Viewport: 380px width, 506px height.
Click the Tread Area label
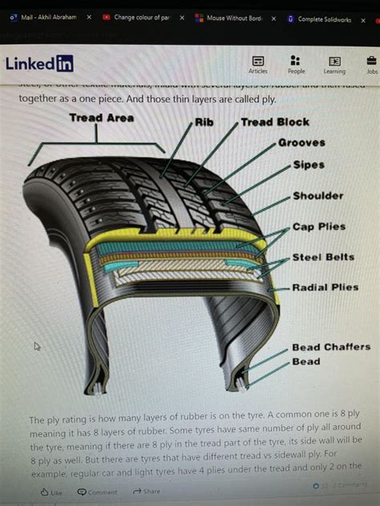[x=101, y=118]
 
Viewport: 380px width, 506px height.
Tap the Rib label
[x=203, y=123]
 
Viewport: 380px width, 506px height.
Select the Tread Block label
[x=275, y=122]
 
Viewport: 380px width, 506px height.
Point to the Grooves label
[x=301, y=143]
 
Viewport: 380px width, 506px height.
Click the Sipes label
[x=309, y=164]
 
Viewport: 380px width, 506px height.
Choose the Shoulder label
[x=317, y=195]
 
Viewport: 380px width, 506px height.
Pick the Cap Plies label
[x=319, y=227]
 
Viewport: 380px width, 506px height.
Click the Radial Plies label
[x=324, y=287]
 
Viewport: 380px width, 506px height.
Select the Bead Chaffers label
[x=330, y=347]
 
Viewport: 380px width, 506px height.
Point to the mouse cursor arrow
[x=37, y=346]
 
